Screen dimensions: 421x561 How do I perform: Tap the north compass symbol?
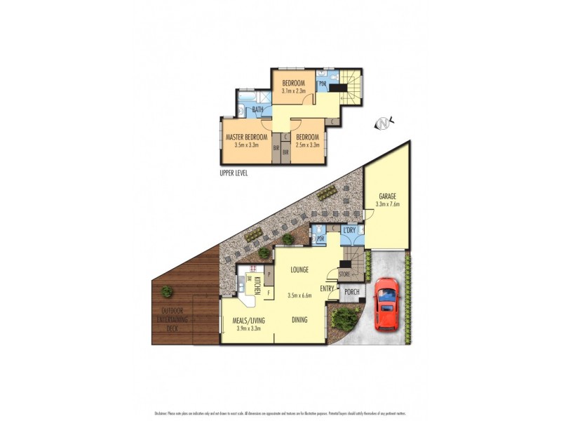point(383,123)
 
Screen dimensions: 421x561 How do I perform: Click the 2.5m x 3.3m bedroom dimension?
point(308,145)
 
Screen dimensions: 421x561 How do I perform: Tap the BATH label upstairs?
point(258,110)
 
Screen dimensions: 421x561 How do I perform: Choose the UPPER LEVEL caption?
point(234,173)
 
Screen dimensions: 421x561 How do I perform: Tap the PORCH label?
point(351,293)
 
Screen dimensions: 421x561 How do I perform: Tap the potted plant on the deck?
point(168,290)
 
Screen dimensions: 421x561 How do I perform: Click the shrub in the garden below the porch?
point(344,320)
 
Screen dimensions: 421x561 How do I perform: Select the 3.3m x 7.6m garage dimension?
point(387,205)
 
